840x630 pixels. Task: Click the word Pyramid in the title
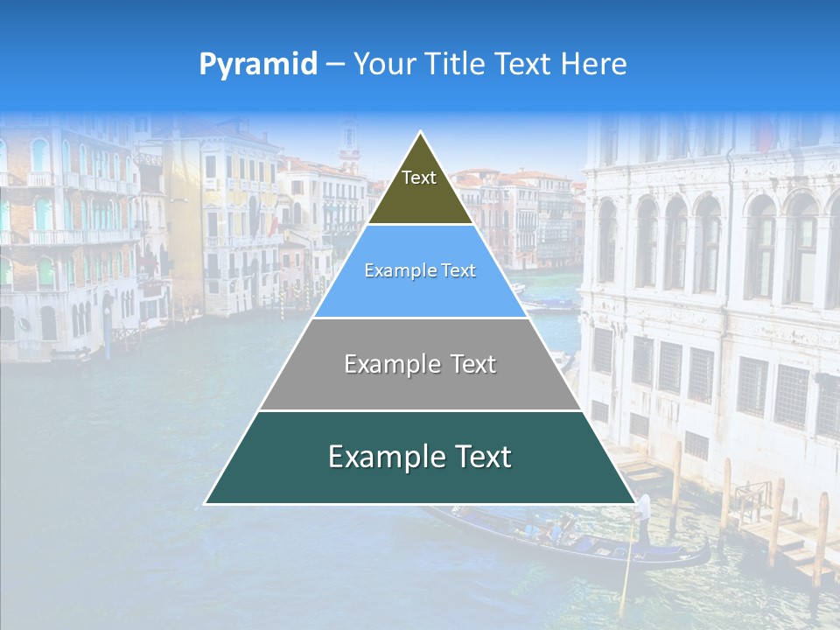click(258, 64)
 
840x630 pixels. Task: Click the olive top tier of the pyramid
click(420, 188)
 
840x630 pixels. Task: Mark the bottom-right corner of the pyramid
click(634, 503)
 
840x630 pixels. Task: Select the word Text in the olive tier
click(419, 178)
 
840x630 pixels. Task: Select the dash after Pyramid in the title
click(335, 64)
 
